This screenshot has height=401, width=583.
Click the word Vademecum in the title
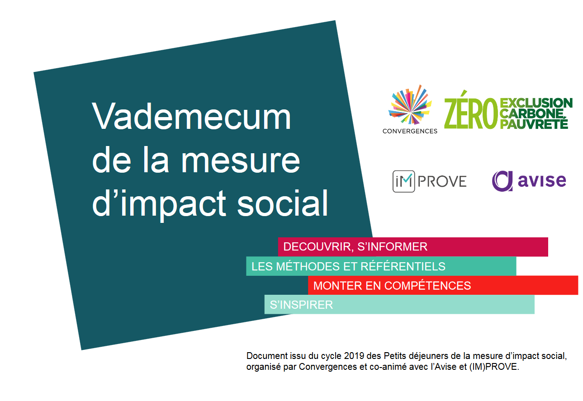191,116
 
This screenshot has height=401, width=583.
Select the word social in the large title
282,203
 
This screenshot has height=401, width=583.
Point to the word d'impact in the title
159,206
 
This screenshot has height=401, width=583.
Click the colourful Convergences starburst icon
410,105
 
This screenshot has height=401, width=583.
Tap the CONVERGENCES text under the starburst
410,131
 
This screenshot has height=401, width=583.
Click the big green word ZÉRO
470,111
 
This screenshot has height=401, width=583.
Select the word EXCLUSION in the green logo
536,103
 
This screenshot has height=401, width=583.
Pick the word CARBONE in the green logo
532,113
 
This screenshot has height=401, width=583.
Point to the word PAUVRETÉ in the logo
534,123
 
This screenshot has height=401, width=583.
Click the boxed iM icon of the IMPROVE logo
404,181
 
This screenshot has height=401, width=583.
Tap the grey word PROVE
442,181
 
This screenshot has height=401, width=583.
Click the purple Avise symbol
502,181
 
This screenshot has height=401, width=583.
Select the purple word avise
542,180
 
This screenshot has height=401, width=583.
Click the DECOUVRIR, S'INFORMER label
355,247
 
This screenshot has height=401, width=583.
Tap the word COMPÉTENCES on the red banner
427,285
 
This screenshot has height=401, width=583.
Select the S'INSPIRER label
301,305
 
